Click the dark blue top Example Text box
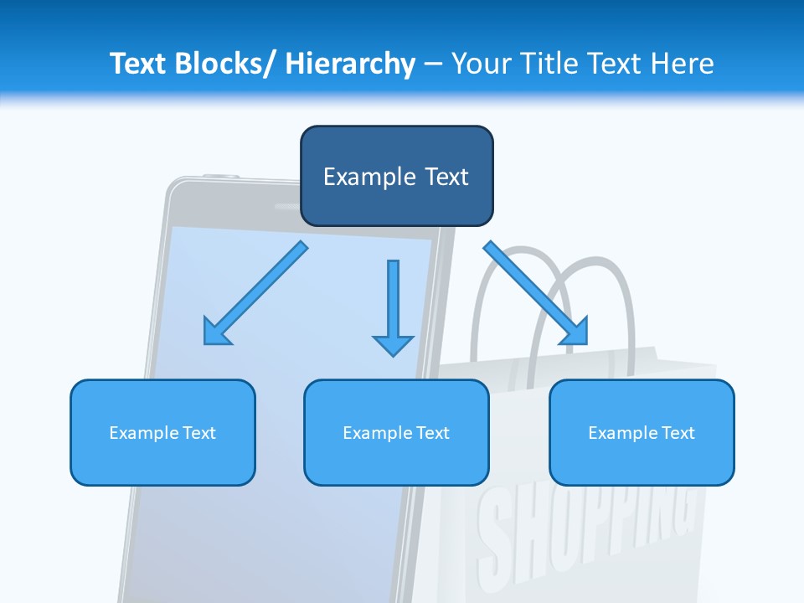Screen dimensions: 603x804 [x=396, y=176]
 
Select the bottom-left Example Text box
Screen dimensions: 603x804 [x=162, y=432]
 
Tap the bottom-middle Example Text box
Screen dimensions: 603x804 [x=396, y=432]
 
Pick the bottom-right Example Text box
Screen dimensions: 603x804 [x=642, y=432]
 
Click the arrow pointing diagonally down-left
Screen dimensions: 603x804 [x=256, y=293]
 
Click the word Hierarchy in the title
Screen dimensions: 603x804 [x=350, y=64]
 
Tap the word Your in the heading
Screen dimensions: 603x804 [x=481, y=64]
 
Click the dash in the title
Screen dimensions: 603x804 [x=432, y=64]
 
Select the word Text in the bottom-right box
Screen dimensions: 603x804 [x=678, y=432]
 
